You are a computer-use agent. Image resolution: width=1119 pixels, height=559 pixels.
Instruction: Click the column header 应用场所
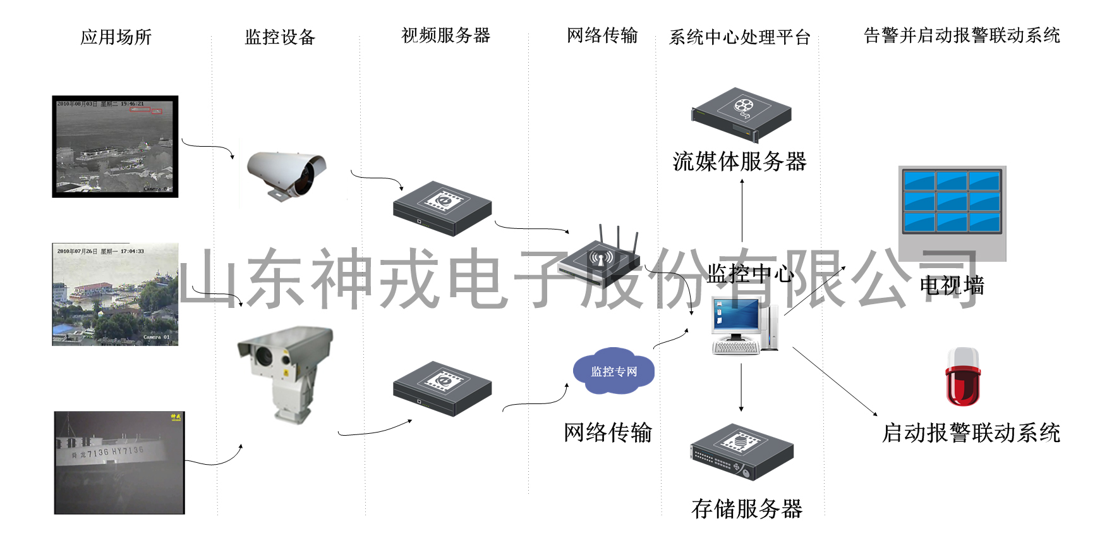[x=116, y=37]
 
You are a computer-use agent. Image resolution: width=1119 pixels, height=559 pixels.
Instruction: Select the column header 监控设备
[x=279, y=37]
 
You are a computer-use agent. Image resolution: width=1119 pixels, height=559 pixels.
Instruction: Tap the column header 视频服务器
[x=445, y=35]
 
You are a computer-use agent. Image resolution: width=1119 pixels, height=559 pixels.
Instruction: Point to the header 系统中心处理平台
[x=739, y=37]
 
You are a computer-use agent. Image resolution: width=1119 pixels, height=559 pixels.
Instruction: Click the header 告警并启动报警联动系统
[x=961, y=35]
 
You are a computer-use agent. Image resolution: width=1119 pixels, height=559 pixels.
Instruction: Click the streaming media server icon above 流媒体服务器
[x=741, y=113]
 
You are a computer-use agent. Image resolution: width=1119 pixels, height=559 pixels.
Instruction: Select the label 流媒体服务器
[x=739, y=162]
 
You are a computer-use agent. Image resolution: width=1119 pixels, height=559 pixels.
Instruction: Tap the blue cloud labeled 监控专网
[x=614, y=371]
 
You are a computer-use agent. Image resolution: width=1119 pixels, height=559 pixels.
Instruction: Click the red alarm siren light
[x=962, y=377]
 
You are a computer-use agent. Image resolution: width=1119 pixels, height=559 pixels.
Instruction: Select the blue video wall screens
[x=952, y=201]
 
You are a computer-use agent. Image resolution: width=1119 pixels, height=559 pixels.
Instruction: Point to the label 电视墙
[x=952, y=286]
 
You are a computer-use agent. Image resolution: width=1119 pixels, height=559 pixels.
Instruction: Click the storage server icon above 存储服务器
[x=742, y=451]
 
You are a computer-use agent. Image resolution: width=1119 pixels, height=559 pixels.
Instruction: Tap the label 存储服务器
[x=746, y=509]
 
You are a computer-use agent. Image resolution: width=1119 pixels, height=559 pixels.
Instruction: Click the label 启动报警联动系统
[x=971, y=433]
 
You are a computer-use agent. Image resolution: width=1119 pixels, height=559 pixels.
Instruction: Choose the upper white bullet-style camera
[x=286, y=175]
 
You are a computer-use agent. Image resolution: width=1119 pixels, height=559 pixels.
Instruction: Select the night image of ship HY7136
[x=119, y=463]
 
